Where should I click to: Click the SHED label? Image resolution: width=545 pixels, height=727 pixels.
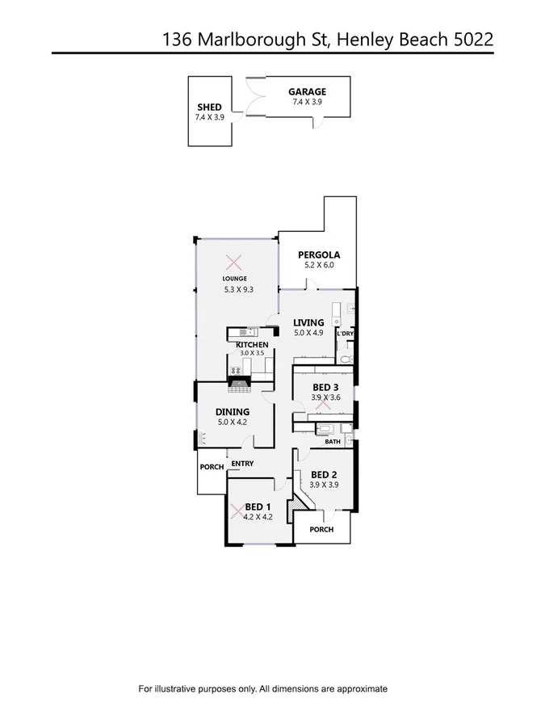tap(209, 107)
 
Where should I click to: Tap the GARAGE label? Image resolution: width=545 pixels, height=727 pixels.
tap(307, 92)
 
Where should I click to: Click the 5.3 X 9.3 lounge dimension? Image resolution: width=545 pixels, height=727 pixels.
tap(239, 289)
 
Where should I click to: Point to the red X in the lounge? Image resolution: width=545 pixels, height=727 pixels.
tap(234, 262)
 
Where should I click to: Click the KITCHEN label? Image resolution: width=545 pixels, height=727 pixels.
tap(252, 345)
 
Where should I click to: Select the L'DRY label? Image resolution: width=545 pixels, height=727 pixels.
tap(345, 334)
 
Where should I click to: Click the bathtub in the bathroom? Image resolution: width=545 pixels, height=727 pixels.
tap(325, 428)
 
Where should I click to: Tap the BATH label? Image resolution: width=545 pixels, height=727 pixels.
tap(333, 442)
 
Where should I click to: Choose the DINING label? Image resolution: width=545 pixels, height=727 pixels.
tap(233, 412)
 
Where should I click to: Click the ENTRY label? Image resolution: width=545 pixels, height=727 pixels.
tap(242, 464)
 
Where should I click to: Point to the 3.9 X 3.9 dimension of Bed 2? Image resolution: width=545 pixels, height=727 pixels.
tap(323, 485)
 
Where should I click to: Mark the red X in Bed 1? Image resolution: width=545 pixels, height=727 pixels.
tap(236, 511)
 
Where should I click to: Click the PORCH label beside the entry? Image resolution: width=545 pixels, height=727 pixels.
tap(212, 467)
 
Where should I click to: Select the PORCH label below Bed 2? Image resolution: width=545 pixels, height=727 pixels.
tap(321, 530)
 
